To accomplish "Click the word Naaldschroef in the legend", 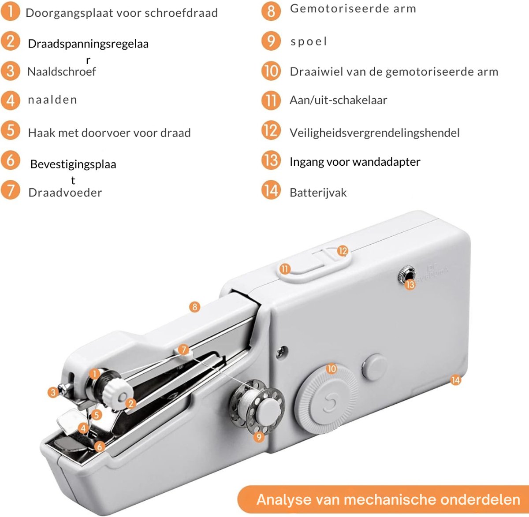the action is point(62,72).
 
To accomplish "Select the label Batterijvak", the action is point(318,193).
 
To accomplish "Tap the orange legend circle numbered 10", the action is point(271,71).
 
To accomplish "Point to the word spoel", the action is point(309,41).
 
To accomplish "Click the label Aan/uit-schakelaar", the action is point(339,100).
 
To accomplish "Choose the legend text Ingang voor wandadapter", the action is point(355,162).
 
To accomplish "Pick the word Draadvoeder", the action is point(65,193).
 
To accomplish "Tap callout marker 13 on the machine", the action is point(410,285).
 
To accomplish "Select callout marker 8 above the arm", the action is point(195,307).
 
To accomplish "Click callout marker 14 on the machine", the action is point(456,380).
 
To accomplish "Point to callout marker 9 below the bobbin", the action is point(259,437).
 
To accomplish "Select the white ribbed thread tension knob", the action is point(118,393).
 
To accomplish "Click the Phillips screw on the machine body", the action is point(281,352).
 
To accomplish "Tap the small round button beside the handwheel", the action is point(374,367).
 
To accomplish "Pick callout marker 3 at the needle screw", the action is point(53,393).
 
